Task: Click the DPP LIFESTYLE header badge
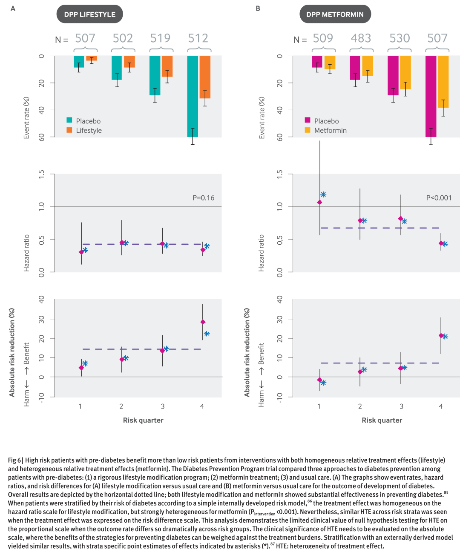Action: tap(89, 14)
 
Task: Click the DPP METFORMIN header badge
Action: tap(335, 14)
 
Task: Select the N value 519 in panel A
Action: tap(160, 38)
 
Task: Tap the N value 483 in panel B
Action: tap(361, 38)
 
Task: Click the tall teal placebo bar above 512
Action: tap(193, 96)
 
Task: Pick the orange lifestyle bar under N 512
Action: tap(205, 77)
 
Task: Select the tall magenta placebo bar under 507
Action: tap(431, 96)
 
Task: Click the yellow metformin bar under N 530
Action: tap(405, 72)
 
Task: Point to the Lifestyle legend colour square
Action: tap(69, 130)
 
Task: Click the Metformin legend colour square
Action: tap(308, 130)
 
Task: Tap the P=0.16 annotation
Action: tap(203, 198)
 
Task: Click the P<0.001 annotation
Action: tap(439, 198)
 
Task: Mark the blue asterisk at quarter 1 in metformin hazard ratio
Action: tap(323, 194)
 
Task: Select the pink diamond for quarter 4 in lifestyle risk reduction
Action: tap(203, 322)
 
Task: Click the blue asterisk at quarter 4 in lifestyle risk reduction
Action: tap(207, 334)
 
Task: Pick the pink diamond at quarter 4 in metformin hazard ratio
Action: tap(441, 243)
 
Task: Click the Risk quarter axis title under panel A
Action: tap(143, 420)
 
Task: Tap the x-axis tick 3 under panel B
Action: tap(401, 406)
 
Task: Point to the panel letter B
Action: tap(258, 9)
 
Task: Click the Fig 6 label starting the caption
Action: tap(14, 460)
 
